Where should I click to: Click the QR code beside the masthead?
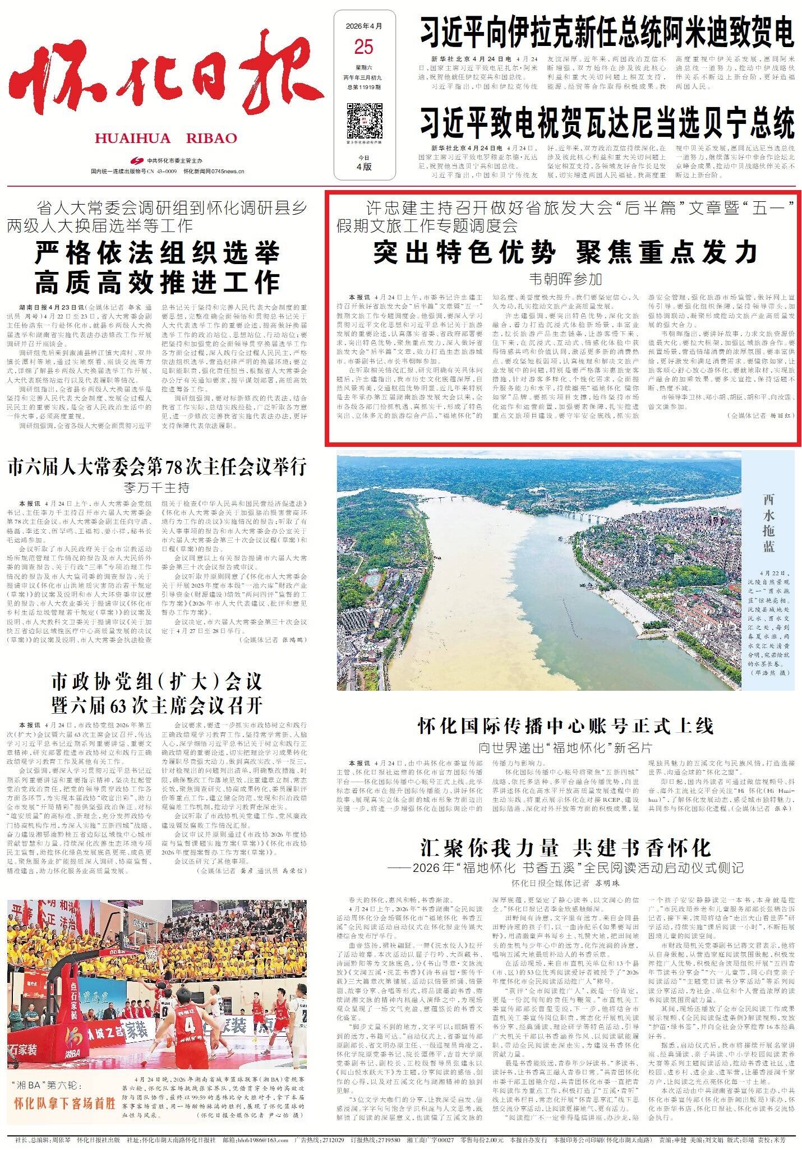tap(363, 120)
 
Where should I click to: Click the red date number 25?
tap(363, 47)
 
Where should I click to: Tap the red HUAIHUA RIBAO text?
tap(165, 138)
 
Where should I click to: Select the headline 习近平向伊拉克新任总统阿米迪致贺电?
tap(607, 31)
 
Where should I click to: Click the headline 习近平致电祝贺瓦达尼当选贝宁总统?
tap(607, 123)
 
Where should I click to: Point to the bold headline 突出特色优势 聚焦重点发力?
tap(565, 253)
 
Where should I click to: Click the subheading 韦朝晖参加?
tap(565, 279)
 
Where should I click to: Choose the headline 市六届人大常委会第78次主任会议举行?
tap(157, 467)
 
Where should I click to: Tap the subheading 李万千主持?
tap(157, 487)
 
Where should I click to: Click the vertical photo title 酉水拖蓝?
tap(768, 523)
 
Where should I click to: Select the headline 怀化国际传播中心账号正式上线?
tap(565, 727)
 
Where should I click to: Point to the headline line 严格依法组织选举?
tap(157, 254)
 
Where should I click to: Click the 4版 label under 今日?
tap(363, 167)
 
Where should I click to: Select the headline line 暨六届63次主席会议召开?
tap(157, 705)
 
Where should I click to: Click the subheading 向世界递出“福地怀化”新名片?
tap(565, 747)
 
